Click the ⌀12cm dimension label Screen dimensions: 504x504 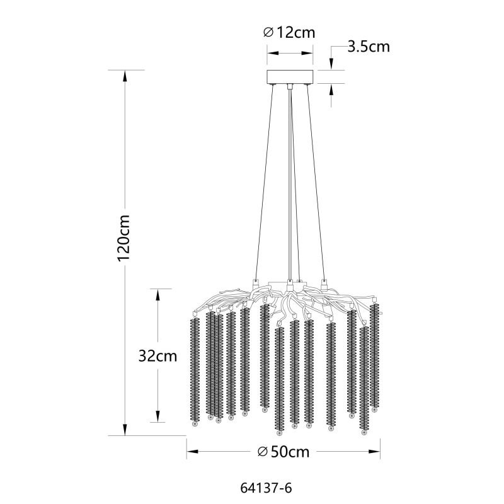289,33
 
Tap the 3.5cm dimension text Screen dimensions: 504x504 369,47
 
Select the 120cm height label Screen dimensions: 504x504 123,238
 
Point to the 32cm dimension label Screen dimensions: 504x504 158,356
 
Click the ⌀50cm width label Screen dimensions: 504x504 283,452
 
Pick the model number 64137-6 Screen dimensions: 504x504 266,488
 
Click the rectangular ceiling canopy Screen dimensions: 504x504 290,76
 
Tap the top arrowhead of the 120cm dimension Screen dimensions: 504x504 125,76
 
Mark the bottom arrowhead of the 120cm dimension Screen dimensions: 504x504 125,430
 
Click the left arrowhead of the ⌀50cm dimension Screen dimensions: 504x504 192,452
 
